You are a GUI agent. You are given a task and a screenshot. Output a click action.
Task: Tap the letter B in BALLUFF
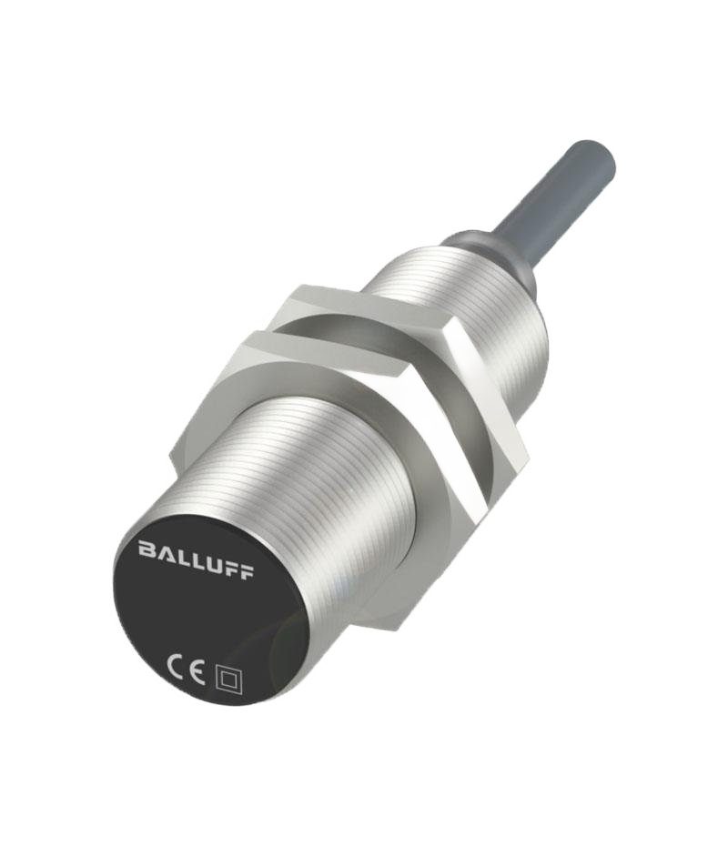click(x=147, y=549)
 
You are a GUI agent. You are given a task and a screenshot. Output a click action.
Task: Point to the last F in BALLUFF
click(x=246, y=571)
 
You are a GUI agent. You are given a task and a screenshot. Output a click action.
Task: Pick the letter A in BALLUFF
click(x=164, y=552)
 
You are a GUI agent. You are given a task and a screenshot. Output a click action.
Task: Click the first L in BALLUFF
click(x=181, y=556)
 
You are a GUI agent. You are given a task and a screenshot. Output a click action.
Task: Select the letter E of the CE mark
click(x=197, y=672)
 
